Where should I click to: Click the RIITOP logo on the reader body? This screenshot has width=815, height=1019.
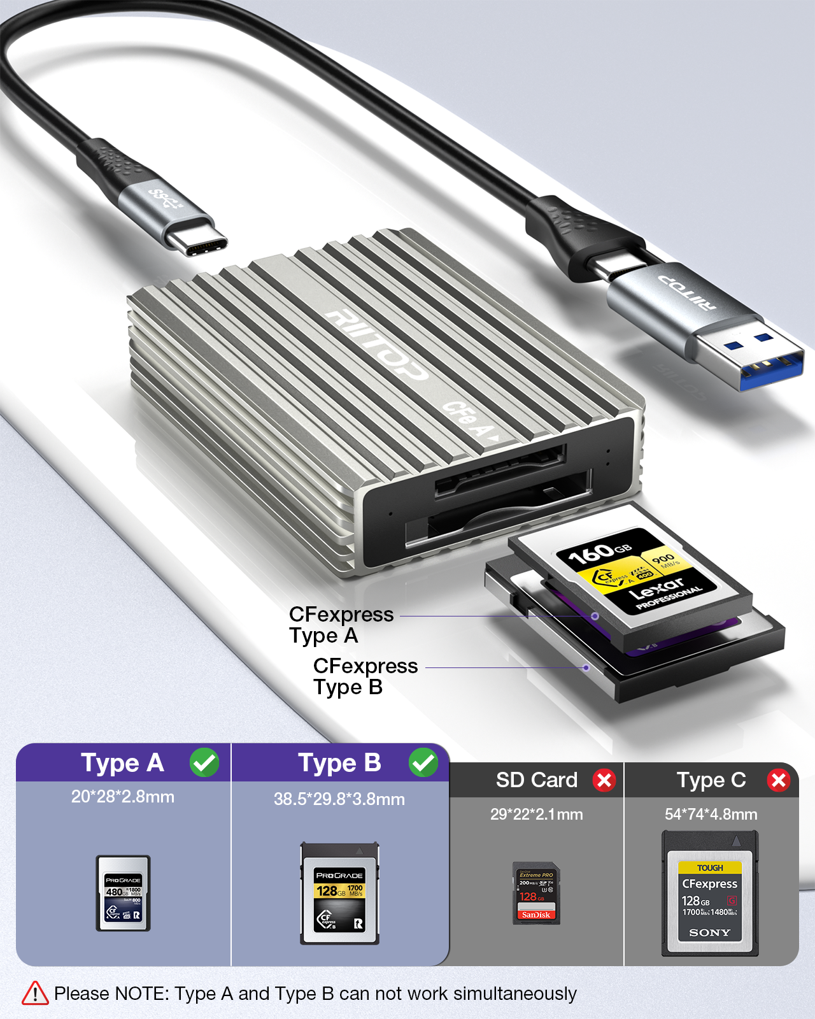point(376,344)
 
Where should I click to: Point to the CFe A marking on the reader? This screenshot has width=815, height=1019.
point(471,420)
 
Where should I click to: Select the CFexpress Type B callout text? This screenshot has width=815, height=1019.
point(365,676)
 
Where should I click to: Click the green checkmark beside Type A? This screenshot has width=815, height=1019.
point(204,762)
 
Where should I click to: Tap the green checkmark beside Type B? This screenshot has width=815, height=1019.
point(423,762)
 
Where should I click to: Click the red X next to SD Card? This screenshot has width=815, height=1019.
point(604,780)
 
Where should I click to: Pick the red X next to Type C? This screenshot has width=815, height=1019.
point(779,780)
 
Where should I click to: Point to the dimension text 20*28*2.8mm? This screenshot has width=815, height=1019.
point(123,797)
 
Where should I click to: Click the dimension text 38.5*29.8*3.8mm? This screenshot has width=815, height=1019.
point(339,799)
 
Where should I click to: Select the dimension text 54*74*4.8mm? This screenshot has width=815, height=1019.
point(711,815)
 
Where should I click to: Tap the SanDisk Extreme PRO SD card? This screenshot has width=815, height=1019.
point(536,893)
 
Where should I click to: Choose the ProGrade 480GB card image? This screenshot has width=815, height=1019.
point(123,893)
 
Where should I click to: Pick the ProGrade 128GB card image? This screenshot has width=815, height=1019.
point(340,893)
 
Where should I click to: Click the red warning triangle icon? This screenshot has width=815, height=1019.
point(35,994)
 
